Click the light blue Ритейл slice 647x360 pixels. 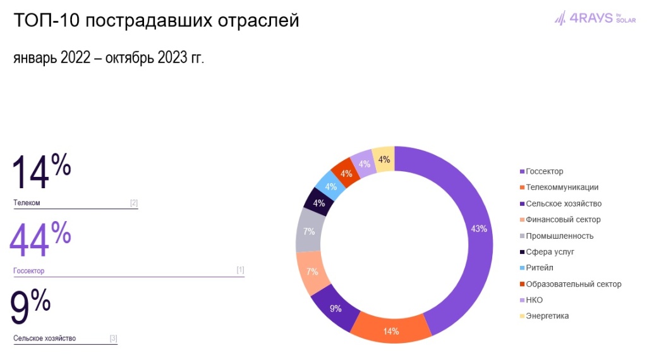pos(330,186)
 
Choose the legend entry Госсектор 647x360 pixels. pos(544,171)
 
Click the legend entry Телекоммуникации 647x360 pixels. pos(562,188)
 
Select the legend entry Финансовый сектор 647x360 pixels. pos(563,220)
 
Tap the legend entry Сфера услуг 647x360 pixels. pos(550,252)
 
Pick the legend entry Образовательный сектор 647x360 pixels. pos(573,284)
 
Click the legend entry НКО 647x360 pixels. pos(534,300)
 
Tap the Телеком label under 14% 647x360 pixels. pos(27,203)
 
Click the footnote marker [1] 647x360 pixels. pos(240,270)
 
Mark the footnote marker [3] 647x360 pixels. pos(113,339)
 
